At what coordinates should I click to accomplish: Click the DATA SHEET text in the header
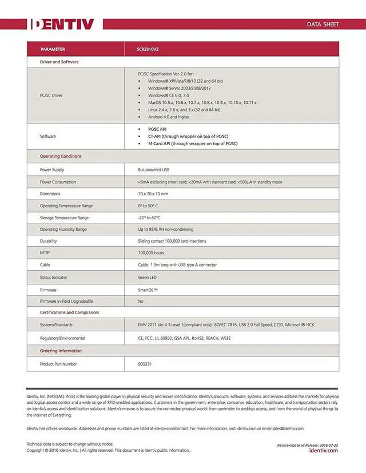click(323, 25)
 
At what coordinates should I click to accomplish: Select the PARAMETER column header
click(53, 49)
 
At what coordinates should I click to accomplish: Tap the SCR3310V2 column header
click(148, 49)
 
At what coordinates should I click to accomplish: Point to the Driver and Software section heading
click(59, 62)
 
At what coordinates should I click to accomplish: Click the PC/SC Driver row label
click(51, 95)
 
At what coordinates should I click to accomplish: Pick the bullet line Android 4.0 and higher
click(168, 117)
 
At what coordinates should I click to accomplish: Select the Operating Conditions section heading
click(61, 156)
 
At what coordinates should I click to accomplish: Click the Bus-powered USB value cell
click(154, 170)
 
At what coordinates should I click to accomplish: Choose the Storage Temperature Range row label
click(64, 218)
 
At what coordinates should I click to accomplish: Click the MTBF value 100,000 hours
click(151, 252)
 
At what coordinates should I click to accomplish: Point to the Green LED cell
click(148, 278)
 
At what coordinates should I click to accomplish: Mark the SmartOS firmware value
click(148, 290)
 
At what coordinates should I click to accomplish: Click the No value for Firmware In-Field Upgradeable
click(141, 301)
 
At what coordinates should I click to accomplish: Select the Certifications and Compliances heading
click(69, 312)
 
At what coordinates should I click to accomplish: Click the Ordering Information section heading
click(61, 351)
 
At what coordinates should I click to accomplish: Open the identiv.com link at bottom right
click(323, 451)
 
